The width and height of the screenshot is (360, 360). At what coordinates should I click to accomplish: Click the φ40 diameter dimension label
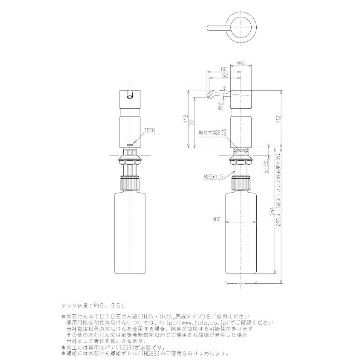coord(241,63)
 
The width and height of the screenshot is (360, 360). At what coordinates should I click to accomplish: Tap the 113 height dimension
coord(185,119)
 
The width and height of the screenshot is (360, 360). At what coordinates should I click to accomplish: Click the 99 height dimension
coord(192,122)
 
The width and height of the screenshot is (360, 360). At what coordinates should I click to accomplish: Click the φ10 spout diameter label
coord(220,106)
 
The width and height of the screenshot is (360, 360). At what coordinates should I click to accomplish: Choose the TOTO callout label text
coord(150,130)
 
